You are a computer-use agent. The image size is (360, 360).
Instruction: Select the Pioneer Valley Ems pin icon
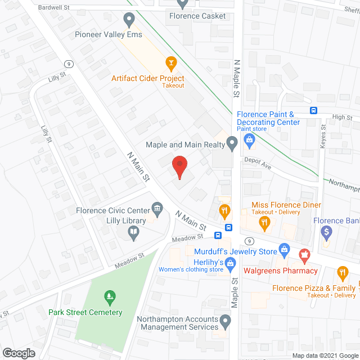tap(129, 20)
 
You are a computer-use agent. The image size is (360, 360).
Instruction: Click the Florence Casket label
tap(197, 16)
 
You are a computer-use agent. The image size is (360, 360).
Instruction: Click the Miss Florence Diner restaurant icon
tap(264, 223)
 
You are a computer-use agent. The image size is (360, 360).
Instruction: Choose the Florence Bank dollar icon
tap(326, 231)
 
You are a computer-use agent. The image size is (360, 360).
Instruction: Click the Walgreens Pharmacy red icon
tap(305, 256)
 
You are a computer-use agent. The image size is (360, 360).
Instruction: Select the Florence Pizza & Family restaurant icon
tap(342, 273)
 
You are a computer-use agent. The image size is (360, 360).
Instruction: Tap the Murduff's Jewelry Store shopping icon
tap(285, 247)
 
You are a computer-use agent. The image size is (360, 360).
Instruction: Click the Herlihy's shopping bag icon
tap(231, 262)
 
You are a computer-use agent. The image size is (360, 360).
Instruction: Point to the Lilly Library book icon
tap(133, 232)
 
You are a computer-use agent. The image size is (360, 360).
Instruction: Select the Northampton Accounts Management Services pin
tap(226, 322)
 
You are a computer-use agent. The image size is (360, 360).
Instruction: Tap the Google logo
tap(18, 353)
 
